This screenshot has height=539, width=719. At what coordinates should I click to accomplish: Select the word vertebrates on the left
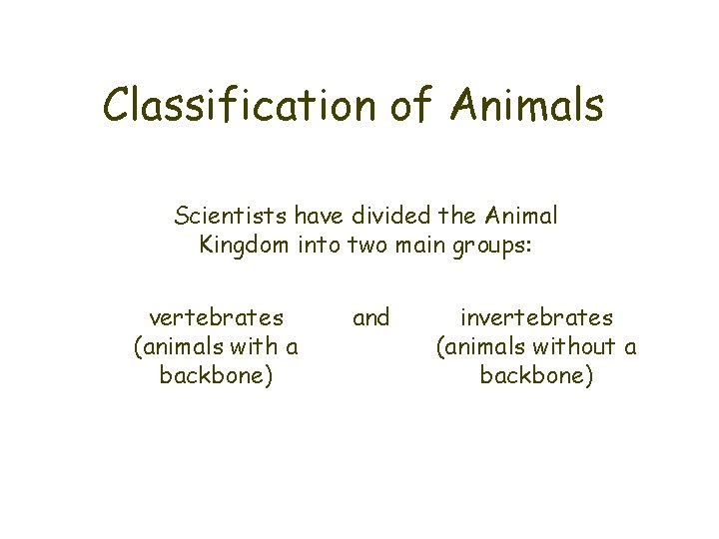tap(216, 318)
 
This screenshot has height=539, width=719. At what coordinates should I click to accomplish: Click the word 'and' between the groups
tap(371, 318)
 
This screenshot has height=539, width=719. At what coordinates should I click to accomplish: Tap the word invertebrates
tap(536, 318)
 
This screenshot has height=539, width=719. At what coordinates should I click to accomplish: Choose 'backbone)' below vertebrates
tap(216, 376)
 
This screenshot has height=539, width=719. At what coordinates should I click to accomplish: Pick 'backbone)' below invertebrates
tap(536, 376)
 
